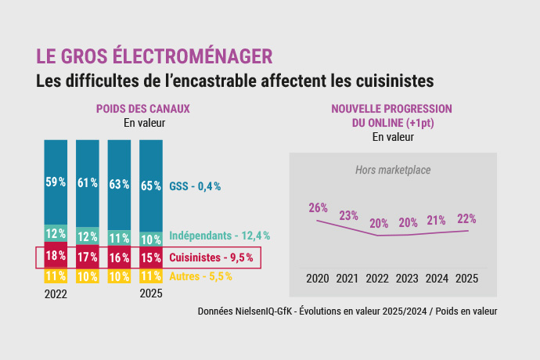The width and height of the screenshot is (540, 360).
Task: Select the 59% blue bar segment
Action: [x=56, y=182]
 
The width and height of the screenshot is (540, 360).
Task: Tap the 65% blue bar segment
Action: [x=150, y=185]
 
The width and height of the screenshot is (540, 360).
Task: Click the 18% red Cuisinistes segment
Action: [x=56, y=256]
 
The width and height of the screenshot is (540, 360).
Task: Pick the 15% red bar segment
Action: [x=150, y=257]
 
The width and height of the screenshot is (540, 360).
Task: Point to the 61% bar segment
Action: [x=87, y=183]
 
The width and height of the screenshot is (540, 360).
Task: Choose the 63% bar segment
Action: [x=119, y=185]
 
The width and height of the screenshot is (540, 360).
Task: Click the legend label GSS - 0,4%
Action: [x=195, y=186]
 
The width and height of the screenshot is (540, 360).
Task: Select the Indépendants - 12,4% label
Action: [x=219, y=236]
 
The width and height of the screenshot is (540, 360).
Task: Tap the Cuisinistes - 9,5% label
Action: [x=211, y=257]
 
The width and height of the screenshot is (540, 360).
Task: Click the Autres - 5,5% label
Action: [x=200, y=276]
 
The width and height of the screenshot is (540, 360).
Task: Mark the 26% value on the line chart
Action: [x=318, y=208]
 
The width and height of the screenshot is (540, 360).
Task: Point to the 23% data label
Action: [x=348, y=215]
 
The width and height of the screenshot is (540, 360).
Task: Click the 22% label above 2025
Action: [x=466, y=218]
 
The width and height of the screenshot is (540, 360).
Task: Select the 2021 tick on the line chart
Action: [x=347, y=278]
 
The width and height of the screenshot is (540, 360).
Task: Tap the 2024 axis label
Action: [x=436, y=278]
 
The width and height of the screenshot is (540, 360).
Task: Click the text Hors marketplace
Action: [x=393, y=170]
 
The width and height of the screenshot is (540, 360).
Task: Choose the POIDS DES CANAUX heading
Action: [x=142, y=109]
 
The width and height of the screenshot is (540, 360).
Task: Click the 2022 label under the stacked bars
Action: [x=56, y=295]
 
